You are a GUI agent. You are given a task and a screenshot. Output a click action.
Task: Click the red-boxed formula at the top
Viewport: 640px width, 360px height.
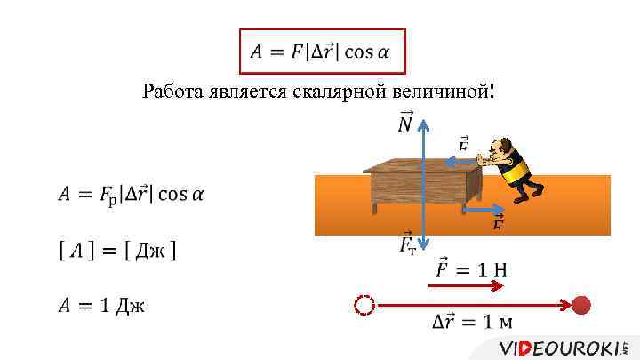point(321,51)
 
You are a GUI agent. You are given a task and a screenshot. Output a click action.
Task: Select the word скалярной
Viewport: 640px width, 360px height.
point(332,92)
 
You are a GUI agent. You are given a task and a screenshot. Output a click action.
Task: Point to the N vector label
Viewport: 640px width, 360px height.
point(404,124)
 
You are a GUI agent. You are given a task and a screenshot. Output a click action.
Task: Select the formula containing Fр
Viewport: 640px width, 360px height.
point(131,194)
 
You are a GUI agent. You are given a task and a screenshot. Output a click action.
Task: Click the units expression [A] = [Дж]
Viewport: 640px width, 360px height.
point(116,251)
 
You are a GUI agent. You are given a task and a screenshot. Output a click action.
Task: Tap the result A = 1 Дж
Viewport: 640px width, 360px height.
point(101,306)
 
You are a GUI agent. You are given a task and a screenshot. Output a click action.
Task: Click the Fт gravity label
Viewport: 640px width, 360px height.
point(407,243)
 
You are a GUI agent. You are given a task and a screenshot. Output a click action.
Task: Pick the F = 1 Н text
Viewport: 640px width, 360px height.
point(470,268)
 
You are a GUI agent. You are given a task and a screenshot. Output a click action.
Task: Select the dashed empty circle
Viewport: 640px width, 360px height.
point(364,306)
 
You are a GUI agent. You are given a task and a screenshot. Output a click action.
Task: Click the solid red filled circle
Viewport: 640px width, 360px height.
point(580,306)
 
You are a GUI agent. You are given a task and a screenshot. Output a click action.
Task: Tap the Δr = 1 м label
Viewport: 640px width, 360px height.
point(471,322)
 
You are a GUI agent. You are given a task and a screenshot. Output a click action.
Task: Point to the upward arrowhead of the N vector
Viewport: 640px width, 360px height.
point(425,125)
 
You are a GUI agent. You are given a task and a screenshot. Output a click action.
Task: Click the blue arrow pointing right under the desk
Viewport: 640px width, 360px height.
point(485,211)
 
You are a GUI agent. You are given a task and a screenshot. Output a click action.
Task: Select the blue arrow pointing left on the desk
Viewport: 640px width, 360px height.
point(456,162)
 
